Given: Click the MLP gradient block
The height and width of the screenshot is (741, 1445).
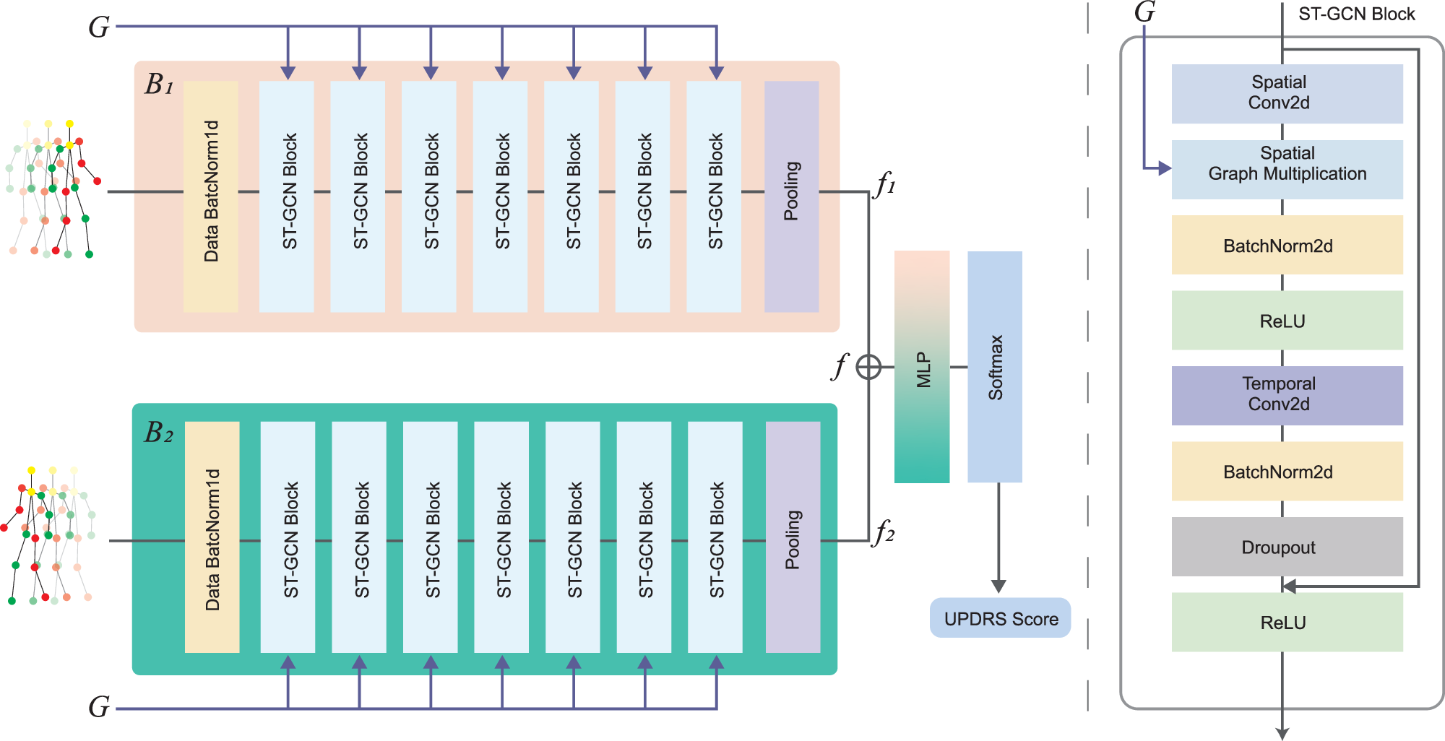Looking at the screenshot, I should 921,367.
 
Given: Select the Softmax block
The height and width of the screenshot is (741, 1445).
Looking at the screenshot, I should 995,367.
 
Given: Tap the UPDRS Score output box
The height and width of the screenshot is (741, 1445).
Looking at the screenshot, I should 1000,618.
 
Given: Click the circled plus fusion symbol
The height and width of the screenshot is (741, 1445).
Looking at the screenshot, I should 868,367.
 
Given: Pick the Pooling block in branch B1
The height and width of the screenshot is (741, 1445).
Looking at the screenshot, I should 791,196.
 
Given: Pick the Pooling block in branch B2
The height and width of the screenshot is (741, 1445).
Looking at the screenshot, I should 793,537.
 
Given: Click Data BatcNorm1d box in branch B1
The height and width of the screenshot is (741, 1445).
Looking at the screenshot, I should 211,196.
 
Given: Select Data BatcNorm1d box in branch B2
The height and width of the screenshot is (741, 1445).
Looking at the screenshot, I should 212,537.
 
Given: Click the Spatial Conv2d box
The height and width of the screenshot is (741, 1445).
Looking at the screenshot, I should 1287,94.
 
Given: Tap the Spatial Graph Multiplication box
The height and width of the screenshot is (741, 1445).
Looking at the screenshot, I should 1287,170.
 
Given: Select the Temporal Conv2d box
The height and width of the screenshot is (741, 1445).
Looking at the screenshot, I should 1287,395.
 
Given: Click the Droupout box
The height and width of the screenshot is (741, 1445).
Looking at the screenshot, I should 1287,547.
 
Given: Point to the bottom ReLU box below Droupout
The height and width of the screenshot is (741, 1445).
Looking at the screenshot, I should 1287,623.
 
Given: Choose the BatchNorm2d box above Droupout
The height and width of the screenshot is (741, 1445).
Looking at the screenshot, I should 1287,472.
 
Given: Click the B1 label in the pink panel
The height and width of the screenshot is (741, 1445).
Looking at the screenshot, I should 159,85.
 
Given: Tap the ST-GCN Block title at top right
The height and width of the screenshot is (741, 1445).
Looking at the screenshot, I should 1356,14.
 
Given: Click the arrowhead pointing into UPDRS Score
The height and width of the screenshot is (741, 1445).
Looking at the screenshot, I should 998,586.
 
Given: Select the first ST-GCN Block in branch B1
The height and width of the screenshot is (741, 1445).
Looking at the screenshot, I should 287,196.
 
